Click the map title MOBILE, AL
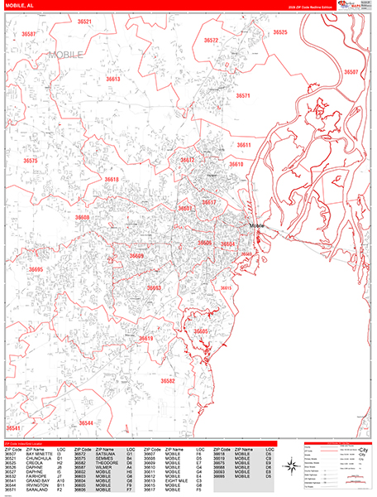(20, 5)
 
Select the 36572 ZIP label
(211, 40)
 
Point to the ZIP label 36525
(279, 32)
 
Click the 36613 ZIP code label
(112, 80)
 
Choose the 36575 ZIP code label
(31, 161)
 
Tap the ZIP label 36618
(112, 180)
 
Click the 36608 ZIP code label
(83, 217)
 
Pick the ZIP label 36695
(36, 269)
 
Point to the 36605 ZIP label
(201, 331)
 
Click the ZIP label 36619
(146, 339)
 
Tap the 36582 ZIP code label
(168, 381)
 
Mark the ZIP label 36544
(86, 422)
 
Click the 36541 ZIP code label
(14, 428)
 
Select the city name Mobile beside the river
(256, 225)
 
